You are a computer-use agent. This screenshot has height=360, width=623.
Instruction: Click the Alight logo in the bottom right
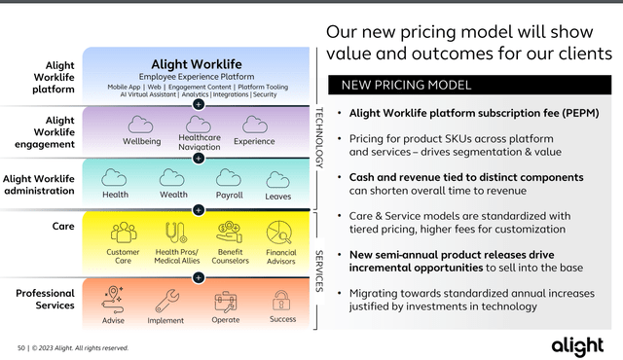(577, 344)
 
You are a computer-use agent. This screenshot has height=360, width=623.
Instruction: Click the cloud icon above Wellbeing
(142, 125)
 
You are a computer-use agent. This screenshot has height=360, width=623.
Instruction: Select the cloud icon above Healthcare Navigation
(199, 124)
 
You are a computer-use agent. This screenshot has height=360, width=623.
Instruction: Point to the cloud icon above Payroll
(228, 177)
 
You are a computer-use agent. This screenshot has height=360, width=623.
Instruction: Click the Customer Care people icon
(124, 233)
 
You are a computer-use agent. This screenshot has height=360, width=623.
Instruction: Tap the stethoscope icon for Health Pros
(175, 233)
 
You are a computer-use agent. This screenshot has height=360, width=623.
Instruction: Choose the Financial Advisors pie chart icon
(280, 233)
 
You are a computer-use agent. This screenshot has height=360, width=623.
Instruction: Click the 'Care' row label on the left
(63, 226)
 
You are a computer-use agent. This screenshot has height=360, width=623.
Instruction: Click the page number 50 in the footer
(21, 347)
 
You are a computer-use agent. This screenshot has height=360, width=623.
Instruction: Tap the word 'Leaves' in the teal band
(278, 196)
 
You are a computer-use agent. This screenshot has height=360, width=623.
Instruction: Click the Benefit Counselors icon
(230, 233)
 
